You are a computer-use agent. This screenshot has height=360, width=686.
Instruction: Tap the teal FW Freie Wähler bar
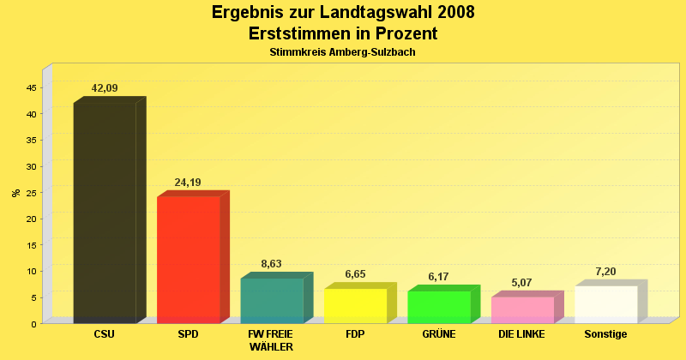click(x=272, y=301)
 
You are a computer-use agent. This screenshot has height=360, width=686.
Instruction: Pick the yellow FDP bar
click(x=355, y=306)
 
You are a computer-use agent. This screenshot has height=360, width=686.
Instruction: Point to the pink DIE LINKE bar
click(x=522, y=310)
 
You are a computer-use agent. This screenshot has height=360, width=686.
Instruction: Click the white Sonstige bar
click(x=605, y=304)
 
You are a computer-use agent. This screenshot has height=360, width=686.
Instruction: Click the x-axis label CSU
click(x=105, y=334)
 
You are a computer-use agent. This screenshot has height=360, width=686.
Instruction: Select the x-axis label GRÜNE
click(x=439, y=334)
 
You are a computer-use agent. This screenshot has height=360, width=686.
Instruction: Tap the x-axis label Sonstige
click(x=605, y=334)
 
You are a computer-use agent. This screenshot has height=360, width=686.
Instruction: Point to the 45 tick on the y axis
click(x=32, y=88)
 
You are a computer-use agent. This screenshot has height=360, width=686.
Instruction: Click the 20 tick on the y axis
click(x=32, y=219)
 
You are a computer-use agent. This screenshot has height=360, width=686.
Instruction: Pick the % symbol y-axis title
click(x=16, y=193)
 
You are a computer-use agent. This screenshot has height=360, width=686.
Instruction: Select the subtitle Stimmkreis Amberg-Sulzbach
click(x=343, y=52)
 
